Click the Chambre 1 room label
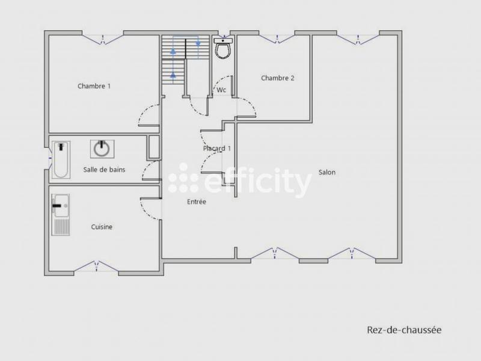coord(94,86)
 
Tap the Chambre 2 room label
coord(277,78)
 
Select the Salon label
coord(327,173)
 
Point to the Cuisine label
coord(102,227)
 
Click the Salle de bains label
coord(104,170)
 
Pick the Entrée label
coord(196,202)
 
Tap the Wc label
coord(221,90)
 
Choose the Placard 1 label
coord(217,149)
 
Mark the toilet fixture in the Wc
coord(223,48)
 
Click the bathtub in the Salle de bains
coord(61,159)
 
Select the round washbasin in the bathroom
coord(102,148)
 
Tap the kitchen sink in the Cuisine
coord(60,214)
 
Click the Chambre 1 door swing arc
coord(147,116)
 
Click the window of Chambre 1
coord(103,40)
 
